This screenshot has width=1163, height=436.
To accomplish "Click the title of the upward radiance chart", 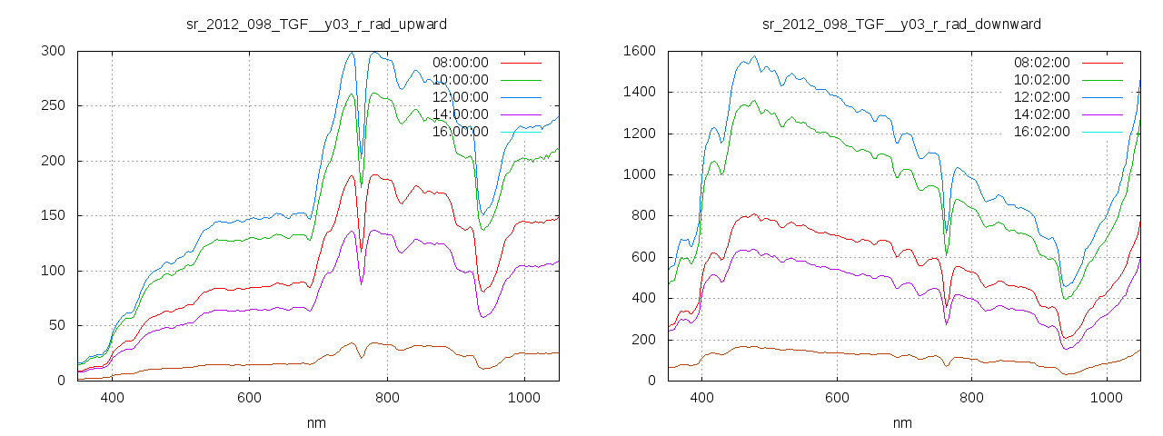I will click(x=316, y=24).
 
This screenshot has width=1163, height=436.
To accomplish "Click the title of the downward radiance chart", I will click(x=901, y=24).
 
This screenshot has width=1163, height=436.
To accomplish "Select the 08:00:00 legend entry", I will click(x=460, y=63).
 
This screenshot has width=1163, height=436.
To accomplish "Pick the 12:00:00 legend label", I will click(x=460, y=97).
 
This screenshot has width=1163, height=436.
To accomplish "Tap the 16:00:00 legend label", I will click(x=460, y=132).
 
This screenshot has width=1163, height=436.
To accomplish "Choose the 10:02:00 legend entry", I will click(x=1041, y=80).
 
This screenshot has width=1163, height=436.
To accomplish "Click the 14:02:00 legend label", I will click(x=1041, y=114).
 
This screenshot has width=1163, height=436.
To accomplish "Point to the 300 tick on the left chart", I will click(x=52, y=51).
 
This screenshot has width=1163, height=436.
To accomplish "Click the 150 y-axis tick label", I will click(x=52, y=216).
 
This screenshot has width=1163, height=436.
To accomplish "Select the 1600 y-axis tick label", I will click(x=640, y=51).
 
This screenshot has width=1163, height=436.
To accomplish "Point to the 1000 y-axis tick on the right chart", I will click(x=640, y=174).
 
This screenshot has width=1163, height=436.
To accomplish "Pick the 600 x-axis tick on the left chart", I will click(x=250, y=398).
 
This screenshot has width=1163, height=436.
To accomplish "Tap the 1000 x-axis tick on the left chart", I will click(x=524, y=398).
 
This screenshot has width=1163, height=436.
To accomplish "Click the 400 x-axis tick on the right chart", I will click(x=701, y=398).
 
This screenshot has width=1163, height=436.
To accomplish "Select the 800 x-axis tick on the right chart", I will click(x=972, y=398).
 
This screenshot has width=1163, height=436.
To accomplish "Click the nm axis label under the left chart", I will click(x=316, y=423).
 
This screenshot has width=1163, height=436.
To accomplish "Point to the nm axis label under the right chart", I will click(x=901, y=423).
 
